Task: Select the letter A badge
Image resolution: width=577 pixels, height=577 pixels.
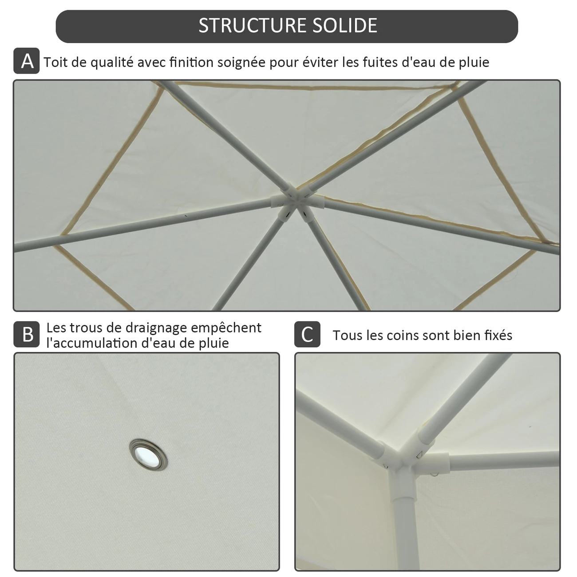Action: click(26, 61)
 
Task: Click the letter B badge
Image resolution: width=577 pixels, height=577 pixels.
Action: click(26, 334)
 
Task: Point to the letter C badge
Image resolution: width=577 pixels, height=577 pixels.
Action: click(307, 334)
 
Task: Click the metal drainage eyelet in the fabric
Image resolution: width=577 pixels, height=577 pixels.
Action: click(148, 454)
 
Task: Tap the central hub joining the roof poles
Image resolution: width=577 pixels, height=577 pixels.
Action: click(297, 203)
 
